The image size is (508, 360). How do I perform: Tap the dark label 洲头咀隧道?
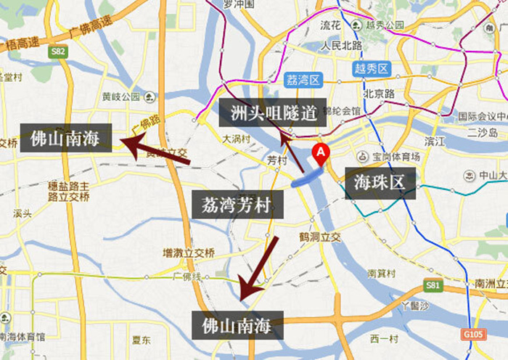click(272, 112)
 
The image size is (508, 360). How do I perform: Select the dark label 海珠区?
click(380, 183)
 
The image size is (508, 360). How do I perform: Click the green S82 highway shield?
click(58, 52)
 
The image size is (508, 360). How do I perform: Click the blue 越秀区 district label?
click(372, 69)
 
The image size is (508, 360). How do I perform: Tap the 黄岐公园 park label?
click(121, 96)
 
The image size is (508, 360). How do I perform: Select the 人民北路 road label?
click(341, 44)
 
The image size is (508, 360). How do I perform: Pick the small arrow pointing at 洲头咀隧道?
click(293, 152)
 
